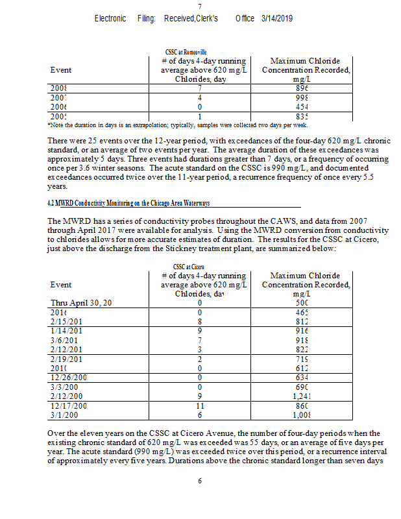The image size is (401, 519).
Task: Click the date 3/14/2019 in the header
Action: pos(277,18)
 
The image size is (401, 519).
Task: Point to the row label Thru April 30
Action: pos(82,302)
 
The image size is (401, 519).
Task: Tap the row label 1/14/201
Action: pos(66,331)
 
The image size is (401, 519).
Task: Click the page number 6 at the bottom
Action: pos(200,481)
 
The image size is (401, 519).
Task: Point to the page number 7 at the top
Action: pos(200,6)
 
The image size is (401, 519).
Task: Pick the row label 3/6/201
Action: pos(64,340)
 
